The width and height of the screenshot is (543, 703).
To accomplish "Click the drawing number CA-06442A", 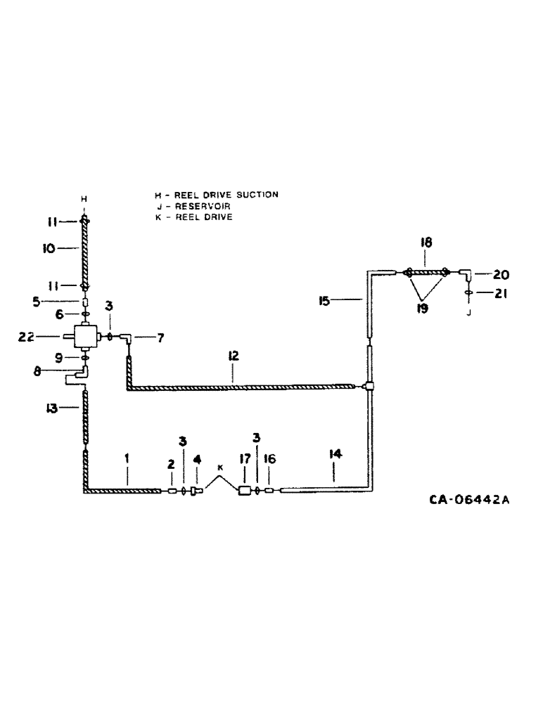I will click(x=468, y=501).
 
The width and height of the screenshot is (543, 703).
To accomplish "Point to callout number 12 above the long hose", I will click(x=234, y=357).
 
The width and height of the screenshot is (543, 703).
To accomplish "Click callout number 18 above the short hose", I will click(x=426, y=242).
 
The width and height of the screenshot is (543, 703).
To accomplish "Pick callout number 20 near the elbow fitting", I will click(x=501, y=275).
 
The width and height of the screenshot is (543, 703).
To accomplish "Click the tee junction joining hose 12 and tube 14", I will click(x=370, y=385).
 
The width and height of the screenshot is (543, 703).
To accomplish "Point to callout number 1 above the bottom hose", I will click(x=127, y=458).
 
